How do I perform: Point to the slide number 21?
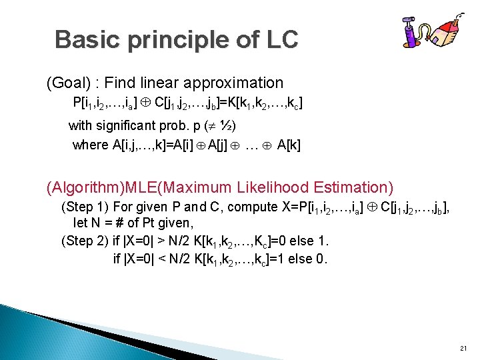pyautogui.click(x=464, y=349)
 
